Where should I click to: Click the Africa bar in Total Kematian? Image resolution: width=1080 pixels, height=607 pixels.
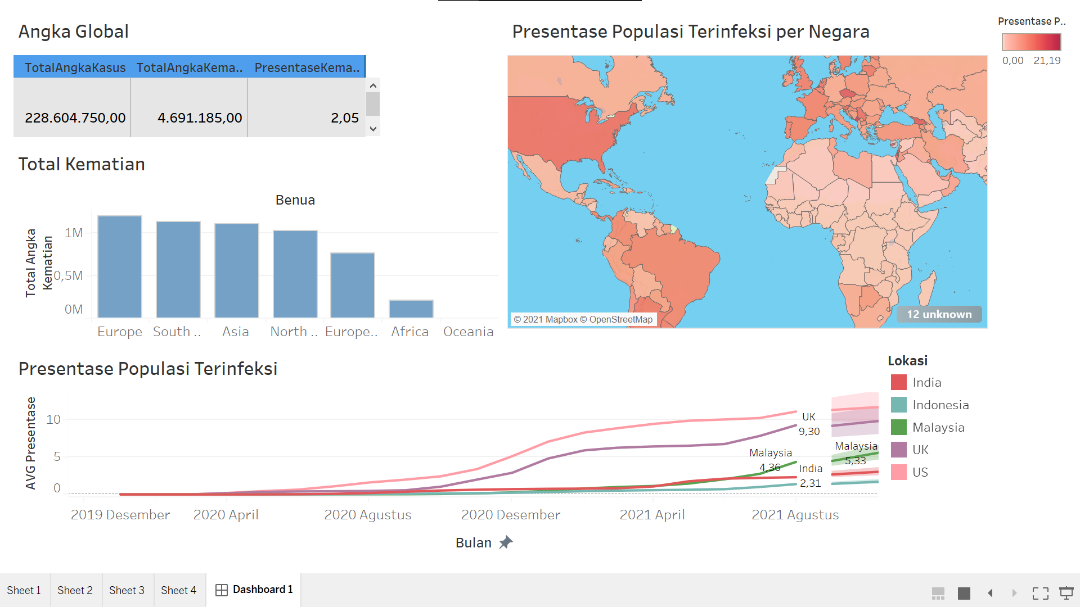pyautogui.click(x=411, y=309)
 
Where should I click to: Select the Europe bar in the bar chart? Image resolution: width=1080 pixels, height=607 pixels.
pyautogui.click(x=120, y=267)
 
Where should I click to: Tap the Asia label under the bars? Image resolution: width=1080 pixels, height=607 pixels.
pyautogui.click(x=235, y=332)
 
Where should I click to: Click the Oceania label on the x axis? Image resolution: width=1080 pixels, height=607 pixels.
pyautogui.click(x=468, y=332)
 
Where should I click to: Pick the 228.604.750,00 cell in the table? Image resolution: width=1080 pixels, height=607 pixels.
pyautogui.click(x=75, y=118)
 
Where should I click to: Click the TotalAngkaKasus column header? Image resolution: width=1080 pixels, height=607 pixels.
pyautogui.click(x=75, y=68)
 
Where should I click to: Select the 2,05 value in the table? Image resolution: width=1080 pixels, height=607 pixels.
pyautogui.click(x=344, y=118)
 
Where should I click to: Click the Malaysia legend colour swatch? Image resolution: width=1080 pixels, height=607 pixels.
pyautogui.click(x=899, y=427)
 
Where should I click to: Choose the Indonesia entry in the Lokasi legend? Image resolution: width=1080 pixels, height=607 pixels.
pyautogui.click(x=940, y=405)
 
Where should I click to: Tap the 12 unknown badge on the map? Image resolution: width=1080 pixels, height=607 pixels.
pyautogui.click(x=939, y=314)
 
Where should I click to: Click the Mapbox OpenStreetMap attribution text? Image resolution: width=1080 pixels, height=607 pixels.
pyautogui.click(x=583, y=319)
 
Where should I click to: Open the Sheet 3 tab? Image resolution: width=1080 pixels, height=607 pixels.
pyautogui.click(x=127, y=590)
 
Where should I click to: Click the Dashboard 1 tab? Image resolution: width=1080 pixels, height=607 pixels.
pyautogui.click(x=254, y=590)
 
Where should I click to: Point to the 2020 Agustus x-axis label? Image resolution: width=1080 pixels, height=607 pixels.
pyautogui.click(x=367, y=515)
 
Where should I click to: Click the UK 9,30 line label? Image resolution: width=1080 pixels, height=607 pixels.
pyautogui.click(x=809, y=424)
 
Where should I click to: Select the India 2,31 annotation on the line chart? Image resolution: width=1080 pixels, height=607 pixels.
pyautogui.click(x=810, y=475)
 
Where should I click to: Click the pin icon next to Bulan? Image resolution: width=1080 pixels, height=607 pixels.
pyautogui.click(x=506, y=542)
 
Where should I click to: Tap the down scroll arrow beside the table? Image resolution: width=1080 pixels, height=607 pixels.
pyautogui.click(x=373, y=129)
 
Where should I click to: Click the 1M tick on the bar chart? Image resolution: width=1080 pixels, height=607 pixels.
pyautogui.click(x=74, y=233)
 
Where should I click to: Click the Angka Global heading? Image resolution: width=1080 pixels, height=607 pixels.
pyautogui.click(x=73, y=31)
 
